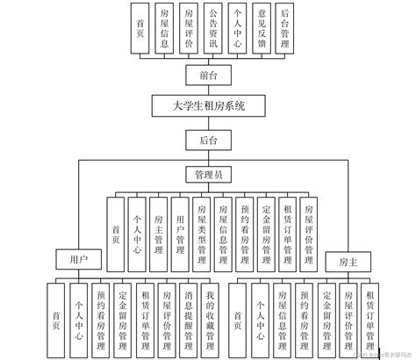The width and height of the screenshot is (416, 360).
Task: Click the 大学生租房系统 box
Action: click(209, 106)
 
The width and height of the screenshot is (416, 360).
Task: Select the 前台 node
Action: click(209, 74)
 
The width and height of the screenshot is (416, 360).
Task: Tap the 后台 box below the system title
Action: click(209, 139)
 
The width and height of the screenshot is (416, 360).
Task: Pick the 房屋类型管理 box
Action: click(203, 233)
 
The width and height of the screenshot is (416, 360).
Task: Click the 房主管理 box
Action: click(158, 233)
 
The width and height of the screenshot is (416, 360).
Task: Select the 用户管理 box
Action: click(180, 233)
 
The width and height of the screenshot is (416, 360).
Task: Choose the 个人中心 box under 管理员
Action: click(136, 233)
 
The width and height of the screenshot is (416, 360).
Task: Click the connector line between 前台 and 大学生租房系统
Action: click(209, 90)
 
